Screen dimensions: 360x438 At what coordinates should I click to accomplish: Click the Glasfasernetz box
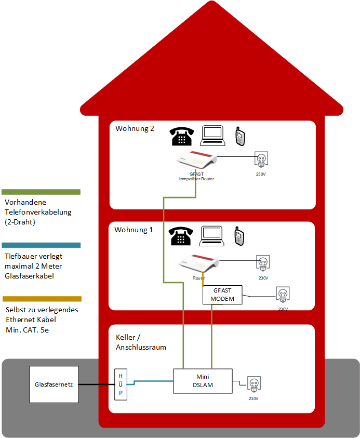point(54,384)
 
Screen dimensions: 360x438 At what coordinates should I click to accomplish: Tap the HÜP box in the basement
point(121,384)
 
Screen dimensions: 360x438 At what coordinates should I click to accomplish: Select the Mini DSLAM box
point(203,381)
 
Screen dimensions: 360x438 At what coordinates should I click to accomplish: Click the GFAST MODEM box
point(222,295)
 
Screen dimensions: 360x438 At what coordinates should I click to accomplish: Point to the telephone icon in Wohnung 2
point(181,136)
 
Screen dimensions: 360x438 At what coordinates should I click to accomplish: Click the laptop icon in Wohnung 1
point(212,236)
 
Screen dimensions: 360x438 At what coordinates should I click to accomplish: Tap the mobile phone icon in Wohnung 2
point(240,136)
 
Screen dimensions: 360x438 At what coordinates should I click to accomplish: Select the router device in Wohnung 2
point(196,160)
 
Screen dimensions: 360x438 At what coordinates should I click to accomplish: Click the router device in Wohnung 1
point(198,263)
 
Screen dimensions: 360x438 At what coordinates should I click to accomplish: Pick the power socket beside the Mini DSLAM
point(254,384)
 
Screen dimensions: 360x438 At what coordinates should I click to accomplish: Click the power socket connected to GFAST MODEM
point(283,295)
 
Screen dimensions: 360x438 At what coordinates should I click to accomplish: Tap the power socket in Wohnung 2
point(261,160)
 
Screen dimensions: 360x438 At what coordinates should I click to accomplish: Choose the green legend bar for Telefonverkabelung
point(41,192)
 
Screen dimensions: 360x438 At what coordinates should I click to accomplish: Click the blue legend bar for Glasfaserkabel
point(41,245)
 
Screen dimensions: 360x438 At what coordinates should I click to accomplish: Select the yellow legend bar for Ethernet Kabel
point(42,299)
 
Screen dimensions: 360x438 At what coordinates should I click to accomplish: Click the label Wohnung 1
point(134,230)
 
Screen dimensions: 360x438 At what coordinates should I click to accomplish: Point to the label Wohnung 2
point(135,128)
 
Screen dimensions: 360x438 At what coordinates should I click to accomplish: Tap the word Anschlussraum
point(141,347)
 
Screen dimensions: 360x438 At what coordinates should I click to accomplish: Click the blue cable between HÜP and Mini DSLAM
point(150,381)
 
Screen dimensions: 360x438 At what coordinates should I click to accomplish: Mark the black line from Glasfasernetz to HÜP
point(97,384)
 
